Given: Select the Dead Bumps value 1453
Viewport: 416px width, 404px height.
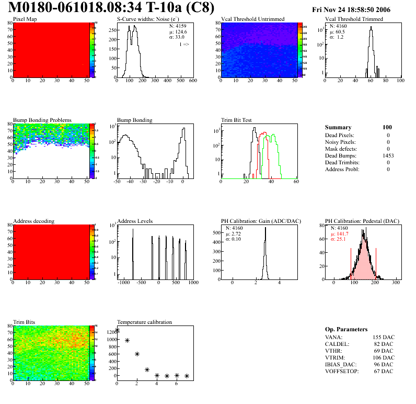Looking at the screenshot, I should coord(388,155).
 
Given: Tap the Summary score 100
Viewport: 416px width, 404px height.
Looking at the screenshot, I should coord(387,127).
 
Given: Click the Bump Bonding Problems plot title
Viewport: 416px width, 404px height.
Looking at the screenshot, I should coord(42,120).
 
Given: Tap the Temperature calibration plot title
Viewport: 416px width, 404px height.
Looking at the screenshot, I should coord(145,322).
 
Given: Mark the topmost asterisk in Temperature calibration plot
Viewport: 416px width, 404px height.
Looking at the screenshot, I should coord(117,330).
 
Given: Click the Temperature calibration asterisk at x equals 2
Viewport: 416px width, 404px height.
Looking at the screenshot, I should coord(137,354).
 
